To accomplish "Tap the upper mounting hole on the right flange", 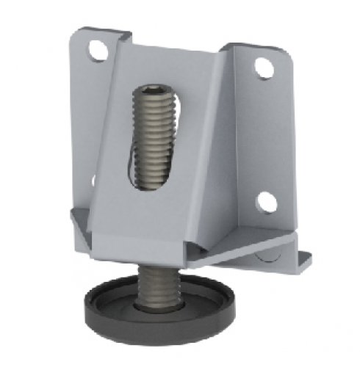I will (261, 68).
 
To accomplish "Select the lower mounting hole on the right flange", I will (265, 202).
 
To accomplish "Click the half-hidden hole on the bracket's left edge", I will (93, 179).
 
